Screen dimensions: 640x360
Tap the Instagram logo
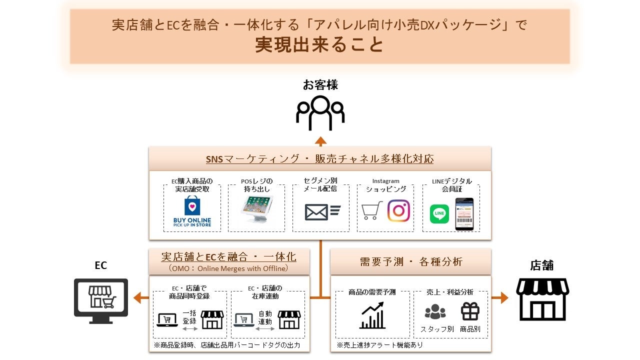398,211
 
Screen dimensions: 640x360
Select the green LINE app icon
439,214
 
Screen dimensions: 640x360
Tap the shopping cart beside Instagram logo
371,210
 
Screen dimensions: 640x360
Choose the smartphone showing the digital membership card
464,214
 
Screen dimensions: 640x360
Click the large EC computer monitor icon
101,300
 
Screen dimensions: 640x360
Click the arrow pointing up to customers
320,140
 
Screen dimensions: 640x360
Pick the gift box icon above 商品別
470,311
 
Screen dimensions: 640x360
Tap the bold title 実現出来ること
319,44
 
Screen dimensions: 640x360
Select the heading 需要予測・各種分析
411,261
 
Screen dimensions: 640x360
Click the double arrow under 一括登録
189,328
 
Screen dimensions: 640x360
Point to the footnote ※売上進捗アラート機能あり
379,345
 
